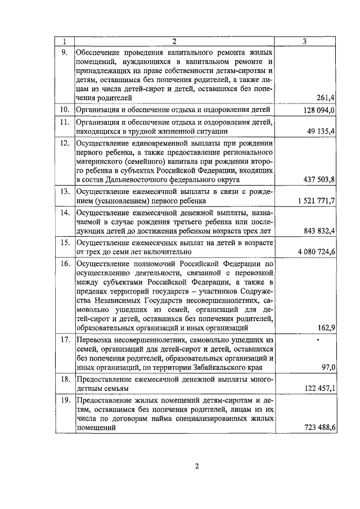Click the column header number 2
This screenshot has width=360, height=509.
[x=174, y=41]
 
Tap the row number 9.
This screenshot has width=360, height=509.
[x=65, y=51]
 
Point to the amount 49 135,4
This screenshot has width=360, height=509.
[x=319, y=131]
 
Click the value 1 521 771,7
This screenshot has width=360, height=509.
[x=313, y=201]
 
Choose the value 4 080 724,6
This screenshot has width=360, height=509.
[x=313, y=252]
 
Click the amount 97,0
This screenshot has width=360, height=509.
[x=328, y=367]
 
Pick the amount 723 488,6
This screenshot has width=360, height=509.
[x=317, y=428]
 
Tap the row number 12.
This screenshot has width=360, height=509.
[x=65, y=142]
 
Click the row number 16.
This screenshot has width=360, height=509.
[x=65, y=263]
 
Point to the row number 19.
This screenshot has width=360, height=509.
[x=65, y=400]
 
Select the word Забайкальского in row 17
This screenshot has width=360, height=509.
[x=207, y=368]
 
